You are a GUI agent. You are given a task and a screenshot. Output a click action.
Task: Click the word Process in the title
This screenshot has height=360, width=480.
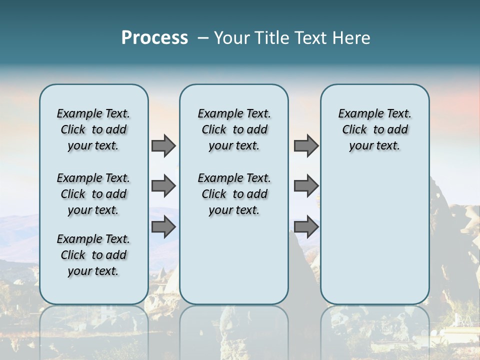(154, 38)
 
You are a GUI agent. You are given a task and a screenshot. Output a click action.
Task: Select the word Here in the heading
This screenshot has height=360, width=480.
(351, 38)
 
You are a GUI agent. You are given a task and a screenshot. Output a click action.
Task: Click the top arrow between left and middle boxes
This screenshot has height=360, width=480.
(163, 145)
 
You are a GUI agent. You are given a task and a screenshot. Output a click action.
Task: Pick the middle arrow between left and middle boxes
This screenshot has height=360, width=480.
(163, 186)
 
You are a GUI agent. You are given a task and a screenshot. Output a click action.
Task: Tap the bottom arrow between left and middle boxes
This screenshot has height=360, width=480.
(163, 226)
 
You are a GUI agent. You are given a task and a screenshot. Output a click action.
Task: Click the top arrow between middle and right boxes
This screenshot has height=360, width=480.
(306, 145)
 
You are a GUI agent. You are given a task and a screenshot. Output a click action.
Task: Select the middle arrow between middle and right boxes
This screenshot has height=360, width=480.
(306, 186)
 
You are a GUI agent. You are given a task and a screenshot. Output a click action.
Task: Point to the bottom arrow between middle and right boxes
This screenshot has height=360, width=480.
(306, 226)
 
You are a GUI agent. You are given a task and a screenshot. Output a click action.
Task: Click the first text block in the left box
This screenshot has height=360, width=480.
(93, 129)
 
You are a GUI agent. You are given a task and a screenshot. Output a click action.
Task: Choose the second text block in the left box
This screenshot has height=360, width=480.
(93, 194)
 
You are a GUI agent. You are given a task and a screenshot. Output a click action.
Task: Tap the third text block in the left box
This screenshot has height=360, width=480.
(93, 255)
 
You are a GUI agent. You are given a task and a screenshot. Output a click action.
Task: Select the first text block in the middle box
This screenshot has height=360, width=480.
(234, 129)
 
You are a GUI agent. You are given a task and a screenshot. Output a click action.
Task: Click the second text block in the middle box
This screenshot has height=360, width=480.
(234, 194)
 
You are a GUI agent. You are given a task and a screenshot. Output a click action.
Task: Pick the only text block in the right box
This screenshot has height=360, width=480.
(374, 129)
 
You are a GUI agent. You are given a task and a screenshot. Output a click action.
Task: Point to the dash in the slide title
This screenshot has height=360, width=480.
(203, 38)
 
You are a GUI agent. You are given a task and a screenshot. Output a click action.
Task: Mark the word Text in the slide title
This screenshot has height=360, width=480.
(310, 38)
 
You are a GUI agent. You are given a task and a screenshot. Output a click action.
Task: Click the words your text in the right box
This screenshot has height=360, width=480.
(374, 146)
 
